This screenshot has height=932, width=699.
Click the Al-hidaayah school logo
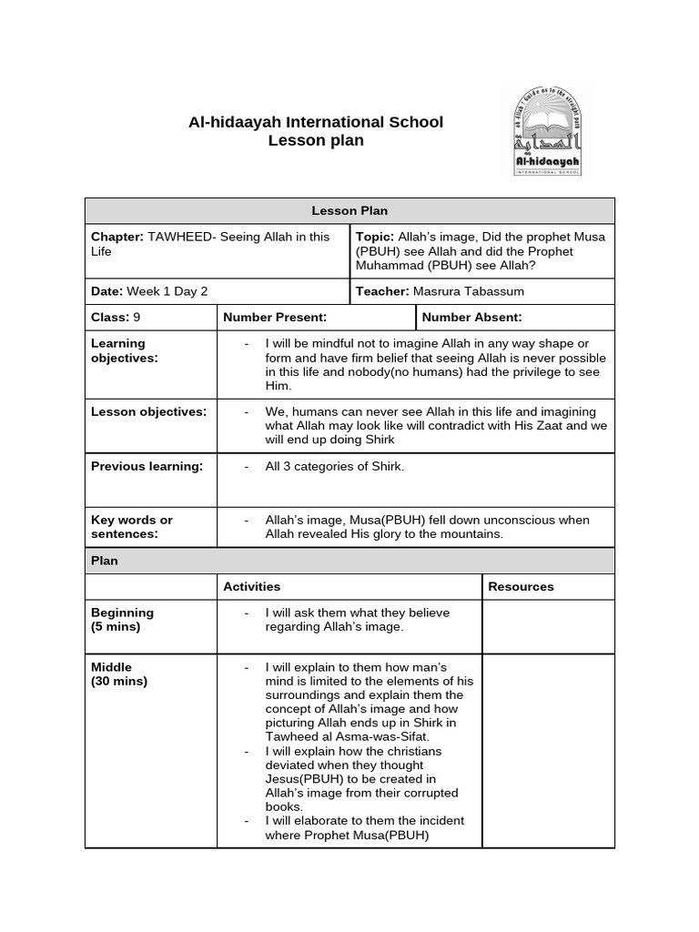pyautogui.click(x=545, y=132)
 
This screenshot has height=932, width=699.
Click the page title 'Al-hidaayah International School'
pyautogui.click(x=315, y=122)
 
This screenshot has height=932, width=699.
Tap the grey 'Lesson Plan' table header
pyautogui.click(x=349, y=210)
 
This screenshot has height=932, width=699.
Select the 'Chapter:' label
pyautogui.click(x=117, y=237)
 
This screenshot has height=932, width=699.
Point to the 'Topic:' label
pyautogui.click(x=374, y=237)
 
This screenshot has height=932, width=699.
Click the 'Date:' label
pyautogui.click(x=106, y=291)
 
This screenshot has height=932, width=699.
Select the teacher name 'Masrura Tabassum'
pyautogui.click(x=468, y=291)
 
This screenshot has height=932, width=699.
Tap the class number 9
pyautogui.click(x=137, y=317)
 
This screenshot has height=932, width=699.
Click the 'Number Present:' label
pyautogui.click(x=275, y=317)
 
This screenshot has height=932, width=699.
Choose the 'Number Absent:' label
pyautogui.click(x=471, y=317)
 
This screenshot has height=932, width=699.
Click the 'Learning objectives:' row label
pyautogui.click(x=124, y=350)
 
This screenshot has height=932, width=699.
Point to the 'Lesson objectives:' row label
pyautogui.click(x=148, y=411)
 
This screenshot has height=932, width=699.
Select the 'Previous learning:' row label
pyautogui.click(x=147, y=466)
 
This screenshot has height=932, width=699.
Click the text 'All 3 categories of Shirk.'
pyautogui.click(x=334, y=466)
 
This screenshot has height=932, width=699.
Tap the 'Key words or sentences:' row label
pyautogui.click(x=131, y=526)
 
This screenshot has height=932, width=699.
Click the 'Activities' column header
pyautogui.click(x=252, y=586)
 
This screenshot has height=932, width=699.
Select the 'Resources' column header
pyautogui.click(x=521, y=586)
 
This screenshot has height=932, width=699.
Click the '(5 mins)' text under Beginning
pyautogui.click(x=116, y=627)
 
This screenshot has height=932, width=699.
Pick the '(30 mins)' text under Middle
pyautogui.click(x=119, y=681)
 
